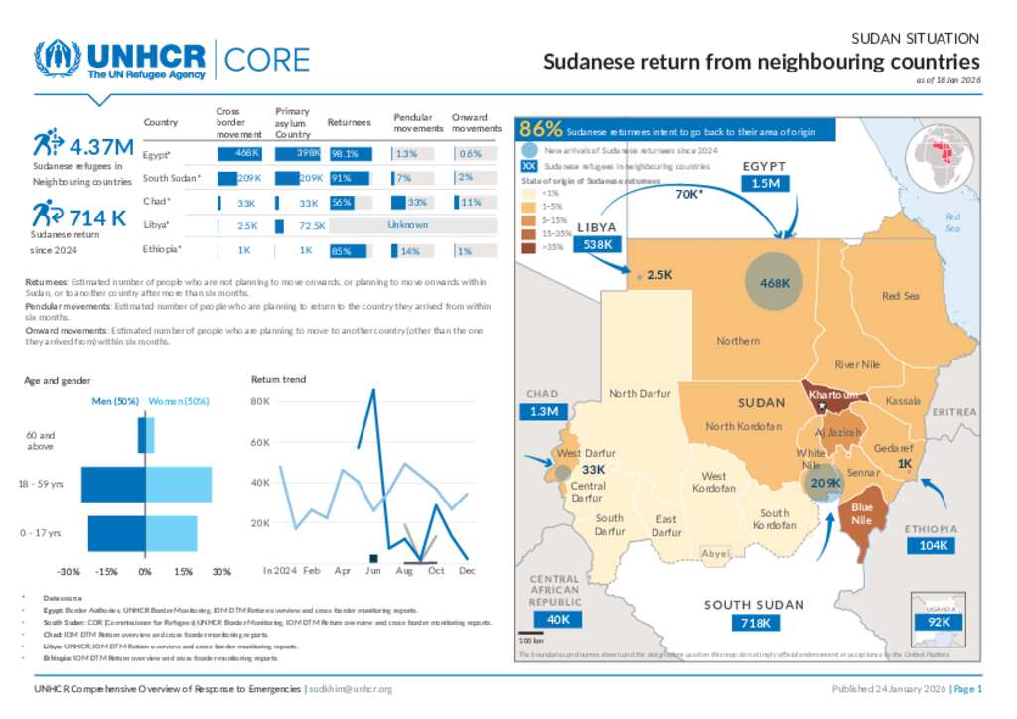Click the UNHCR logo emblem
[58, 60]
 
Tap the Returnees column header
[349, 122]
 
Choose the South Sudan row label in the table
[172, 178]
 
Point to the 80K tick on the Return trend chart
[259, 401]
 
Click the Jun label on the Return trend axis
[373, 571]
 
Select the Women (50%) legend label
[179, 401]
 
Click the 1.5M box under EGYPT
[765, 184]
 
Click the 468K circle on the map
[775, 283]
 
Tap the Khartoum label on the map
[832, 395]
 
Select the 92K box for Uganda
[938, 622]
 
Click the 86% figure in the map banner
[541, 129]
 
